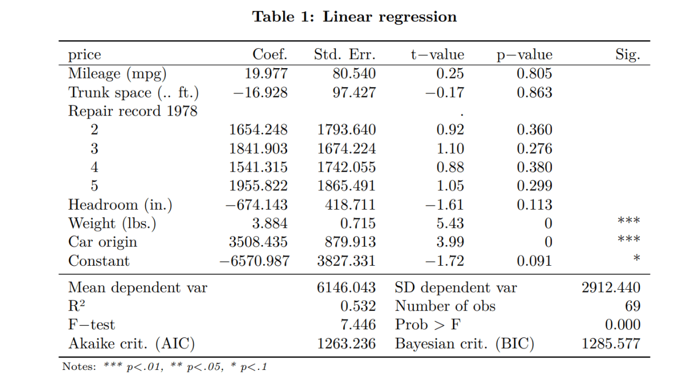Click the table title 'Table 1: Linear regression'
click(x=355, y=17)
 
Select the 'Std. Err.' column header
click(x=345, y=55)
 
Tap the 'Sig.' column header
click(x=628, y=55)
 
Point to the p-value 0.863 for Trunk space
click(x=534, y=92)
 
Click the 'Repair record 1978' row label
click(x=132, y=111)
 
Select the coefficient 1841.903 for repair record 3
click(x=258, y=148)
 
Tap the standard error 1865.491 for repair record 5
click(x=346, y=186)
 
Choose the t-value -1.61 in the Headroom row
click(x=444, y=204)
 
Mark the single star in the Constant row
click(x=636, y=259)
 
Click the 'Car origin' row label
click(x=103, y=242)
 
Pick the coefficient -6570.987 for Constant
click(x=255, y=261)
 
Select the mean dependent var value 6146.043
click(x=346, y=288)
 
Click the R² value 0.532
click(x=358, y=306)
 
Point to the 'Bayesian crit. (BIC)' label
click(x=464, y=344)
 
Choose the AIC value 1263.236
click(x=346, y=344)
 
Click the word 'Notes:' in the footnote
click(x=79, y=367)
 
